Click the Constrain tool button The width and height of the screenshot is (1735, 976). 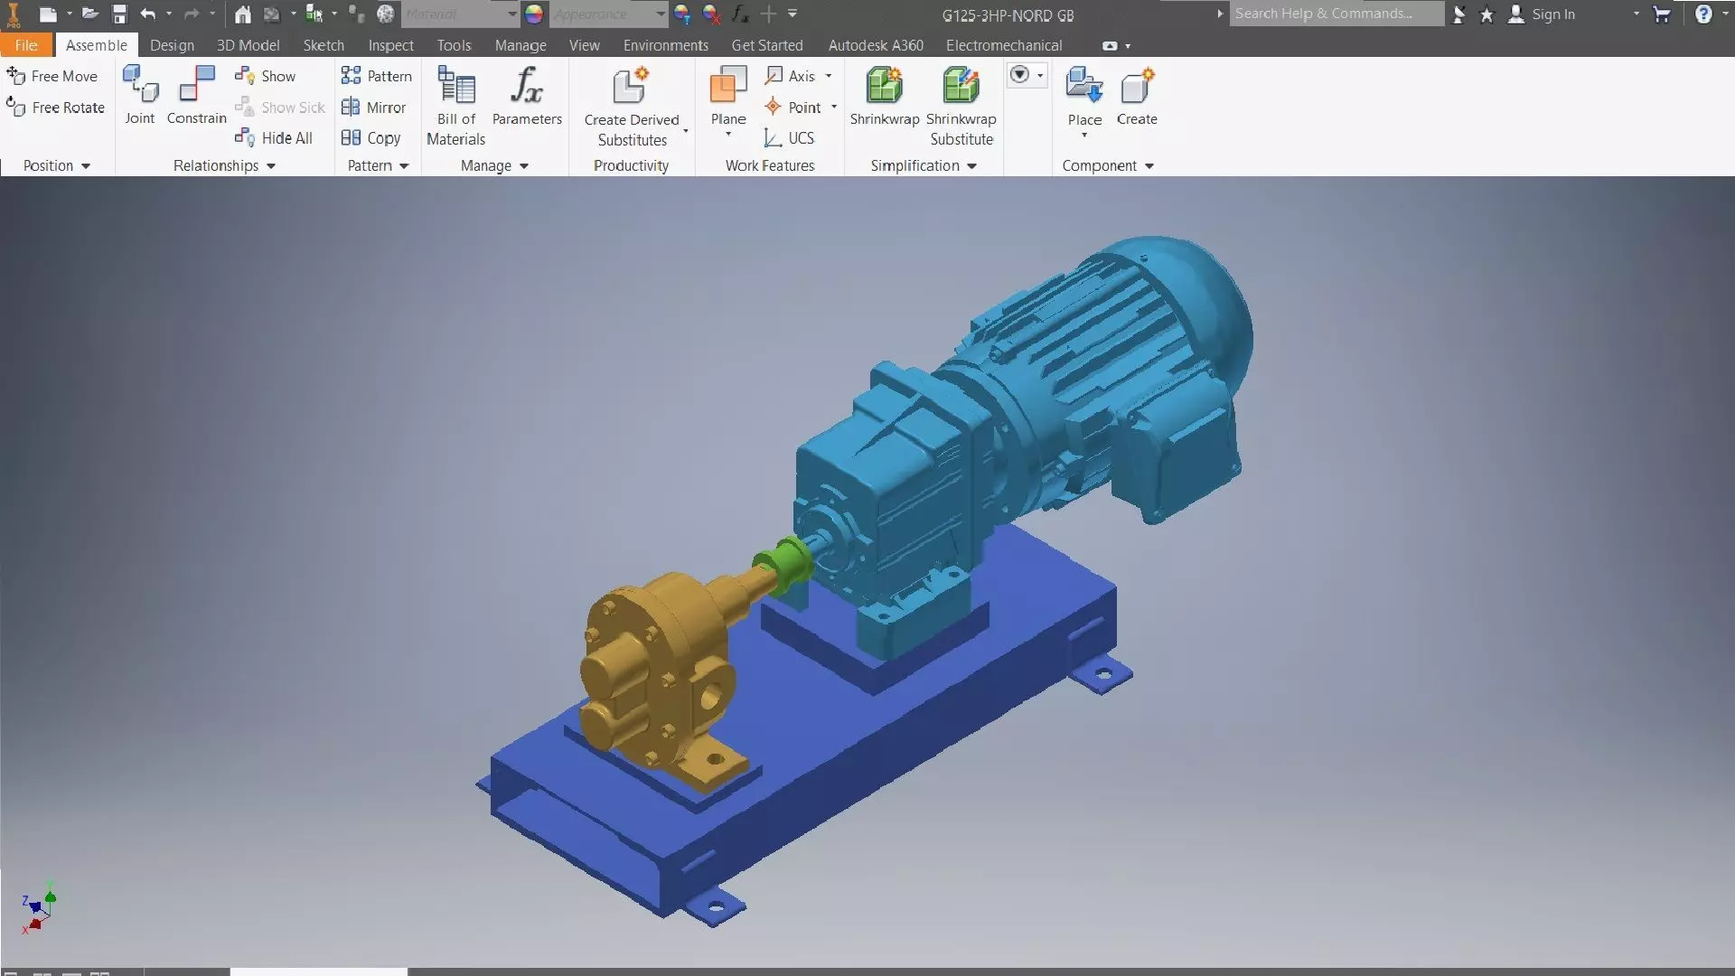point(196,96)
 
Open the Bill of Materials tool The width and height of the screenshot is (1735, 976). point(456,105)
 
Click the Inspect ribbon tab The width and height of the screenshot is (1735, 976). point(390,45)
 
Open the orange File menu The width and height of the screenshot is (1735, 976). point(26,45)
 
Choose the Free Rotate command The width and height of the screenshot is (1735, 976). point(56,108)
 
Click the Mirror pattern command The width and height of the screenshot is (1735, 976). point(374,108)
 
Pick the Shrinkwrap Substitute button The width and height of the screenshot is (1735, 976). point(961,105)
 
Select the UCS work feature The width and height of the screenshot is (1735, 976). point(790,138)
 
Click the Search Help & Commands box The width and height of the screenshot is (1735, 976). point(1336,14)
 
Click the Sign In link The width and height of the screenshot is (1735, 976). point(1552,14)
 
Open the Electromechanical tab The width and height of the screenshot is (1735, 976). point(1003,45)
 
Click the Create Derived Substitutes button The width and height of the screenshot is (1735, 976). point(631,107)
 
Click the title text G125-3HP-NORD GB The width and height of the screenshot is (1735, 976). point(1008,15)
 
